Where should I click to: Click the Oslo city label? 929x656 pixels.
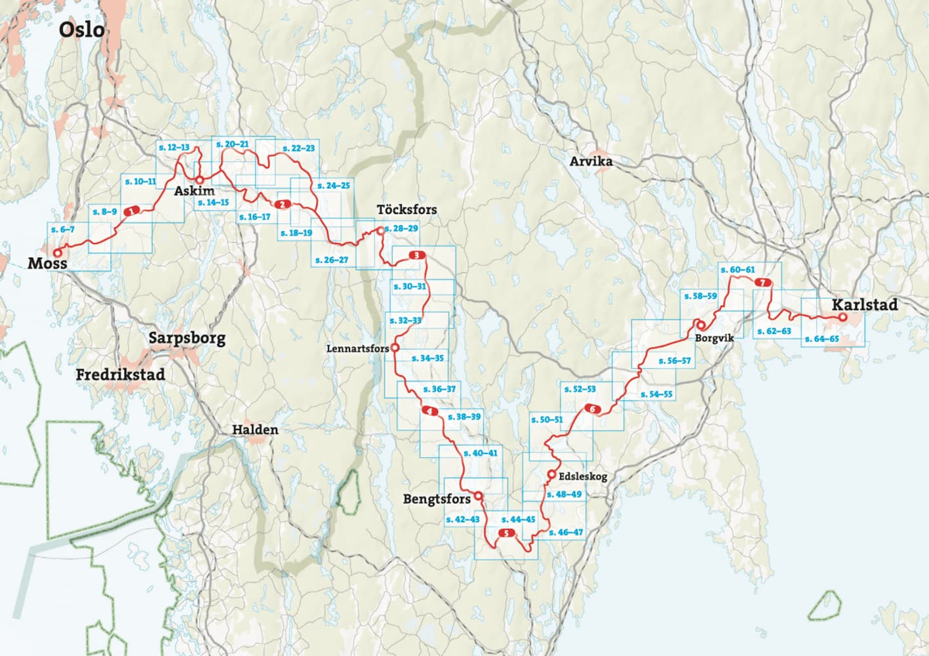point(81,30)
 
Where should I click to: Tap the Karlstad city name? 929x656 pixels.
point(864,305)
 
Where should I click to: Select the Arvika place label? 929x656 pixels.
point(591,161)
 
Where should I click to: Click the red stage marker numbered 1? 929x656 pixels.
point(132,211)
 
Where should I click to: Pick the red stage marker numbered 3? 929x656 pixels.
point(416,255)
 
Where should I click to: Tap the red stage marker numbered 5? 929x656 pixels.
point(506,533)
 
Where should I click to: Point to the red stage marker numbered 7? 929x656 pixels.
point(762,283)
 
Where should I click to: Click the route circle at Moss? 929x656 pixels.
point(57,252)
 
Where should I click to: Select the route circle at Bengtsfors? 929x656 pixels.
point(479,496)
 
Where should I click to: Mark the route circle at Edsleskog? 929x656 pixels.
point(551,474)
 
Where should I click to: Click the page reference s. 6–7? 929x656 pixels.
point(63,230)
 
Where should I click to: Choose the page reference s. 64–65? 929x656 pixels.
point(821,339)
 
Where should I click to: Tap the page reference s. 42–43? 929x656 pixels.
point(462,520)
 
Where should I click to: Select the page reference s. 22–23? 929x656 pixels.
point(298,149)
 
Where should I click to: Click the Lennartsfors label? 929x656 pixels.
point(357,349)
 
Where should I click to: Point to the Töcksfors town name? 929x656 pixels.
point(406,210)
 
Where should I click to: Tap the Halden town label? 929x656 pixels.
point(255,430)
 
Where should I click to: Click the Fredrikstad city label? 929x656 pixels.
point(120,375)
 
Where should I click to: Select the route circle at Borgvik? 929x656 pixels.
point(700,324)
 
